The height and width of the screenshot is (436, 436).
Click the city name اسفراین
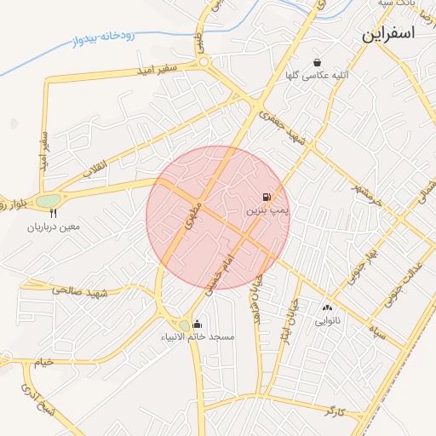(387, 34)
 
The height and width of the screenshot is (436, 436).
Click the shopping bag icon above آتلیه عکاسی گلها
(318, 62)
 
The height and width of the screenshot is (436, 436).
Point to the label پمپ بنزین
(269, 209)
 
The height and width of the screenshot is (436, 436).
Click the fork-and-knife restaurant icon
(54, 214)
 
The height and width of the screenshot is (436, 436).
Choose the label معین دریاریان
(53, 227)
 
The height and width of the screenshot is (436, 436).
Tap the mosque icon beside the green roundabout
(198, 324)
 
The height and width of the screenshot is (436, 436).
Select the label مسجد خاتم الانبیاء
(198, 337)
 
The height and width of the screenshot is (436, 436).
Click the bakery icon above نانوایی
(328, 307)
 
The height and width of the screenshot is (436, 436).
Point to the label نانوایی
(328, 321)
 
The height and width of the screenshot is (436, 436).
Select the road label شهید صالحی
(81, 291)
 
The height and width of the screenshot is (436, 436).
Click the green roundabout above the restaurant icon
(49, 200)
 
